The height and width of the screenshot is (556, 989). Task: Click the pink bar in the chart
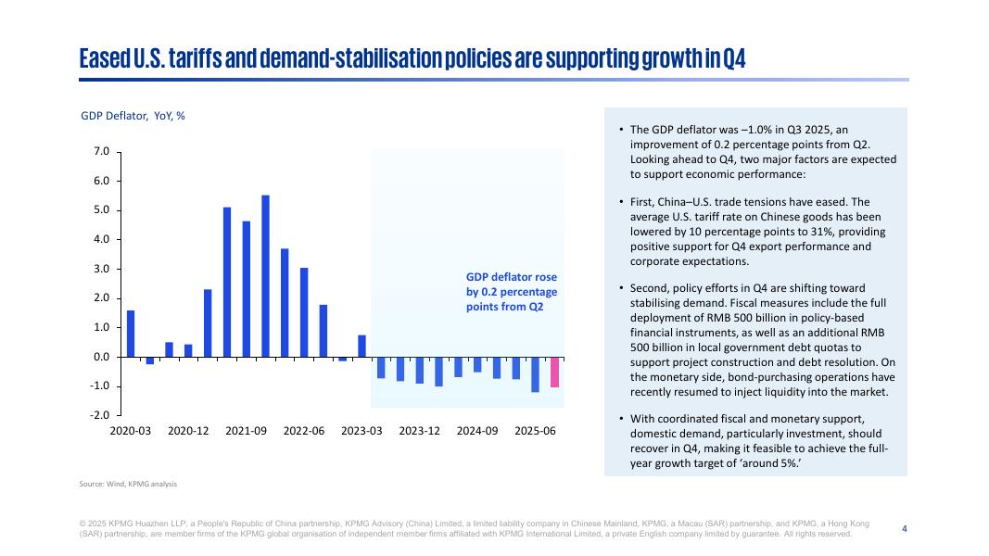554,373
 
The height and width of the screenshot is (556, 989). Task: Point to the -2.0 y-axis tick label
100,415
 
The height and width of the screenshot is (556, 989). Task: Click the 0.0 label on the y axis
102,357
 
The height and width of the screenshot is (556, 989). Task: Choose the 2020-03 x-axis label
131,432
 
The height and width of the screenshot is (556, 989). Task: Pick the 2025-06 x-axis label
535,432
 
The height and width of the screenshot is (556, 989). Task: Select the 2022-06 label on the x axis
304,432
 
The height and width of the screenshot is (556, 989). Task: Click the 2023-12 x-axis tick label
420,432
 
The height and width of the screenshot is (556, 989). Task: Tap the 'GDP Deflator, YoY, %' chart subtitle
133,116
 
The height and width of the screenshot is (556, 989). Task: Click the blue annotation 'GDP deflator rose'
511,277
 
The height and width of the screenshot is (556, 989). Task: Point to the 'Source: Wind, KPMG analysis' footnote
128,484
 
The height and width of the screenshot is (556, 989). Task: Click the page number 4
905,528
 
